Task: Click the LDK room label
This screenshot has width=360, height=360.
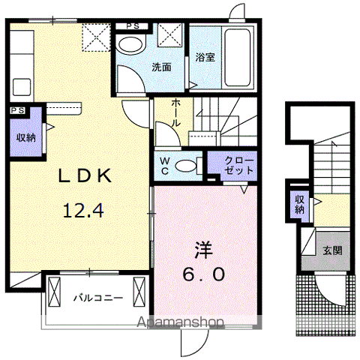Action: (85, 175)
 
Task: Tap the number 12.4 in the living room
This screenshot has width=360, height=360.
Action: (83, 211)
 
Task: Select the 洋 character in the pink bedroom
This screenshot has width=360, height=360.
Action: (203, 250)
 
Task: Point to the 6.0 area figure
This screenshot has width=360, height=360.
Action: (204, 274)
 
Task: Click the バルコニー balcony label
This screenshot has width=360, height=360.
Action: (98, 298)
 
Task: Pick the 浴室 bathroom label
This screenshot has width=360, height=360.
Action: (205, 58)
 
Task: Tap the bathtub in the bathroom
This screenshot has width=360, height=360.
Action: (237, 58)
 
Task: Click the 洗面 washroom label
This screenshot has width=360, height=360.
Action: (162, 67)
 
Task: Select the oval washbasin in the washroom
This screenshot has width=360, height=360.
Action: (131, 45)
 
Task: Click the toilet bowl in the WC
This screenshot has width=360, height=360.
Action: (185, 165)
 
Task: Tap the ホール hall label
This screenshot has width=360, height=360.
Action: (176, 112)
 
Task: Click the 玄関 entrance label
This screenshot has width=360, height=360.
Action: (332, 250)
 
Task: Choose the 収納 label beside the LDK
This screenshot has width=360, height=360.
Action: (26, 138)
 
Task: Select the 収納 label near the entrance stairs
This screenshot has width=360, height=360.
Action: (299, 205)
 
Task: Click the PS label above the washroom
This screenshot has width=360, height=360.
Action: (133, 26)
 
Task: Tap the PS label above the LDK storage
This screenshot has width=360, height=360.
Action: (18, 110)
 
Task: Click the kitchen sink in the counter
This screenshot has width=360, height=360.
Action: (22, 87)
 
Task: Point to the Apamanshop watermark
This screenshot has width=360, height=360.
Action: (180, 322)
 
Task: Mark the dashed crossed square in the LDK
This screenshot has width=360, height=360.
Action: (96, 37)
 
